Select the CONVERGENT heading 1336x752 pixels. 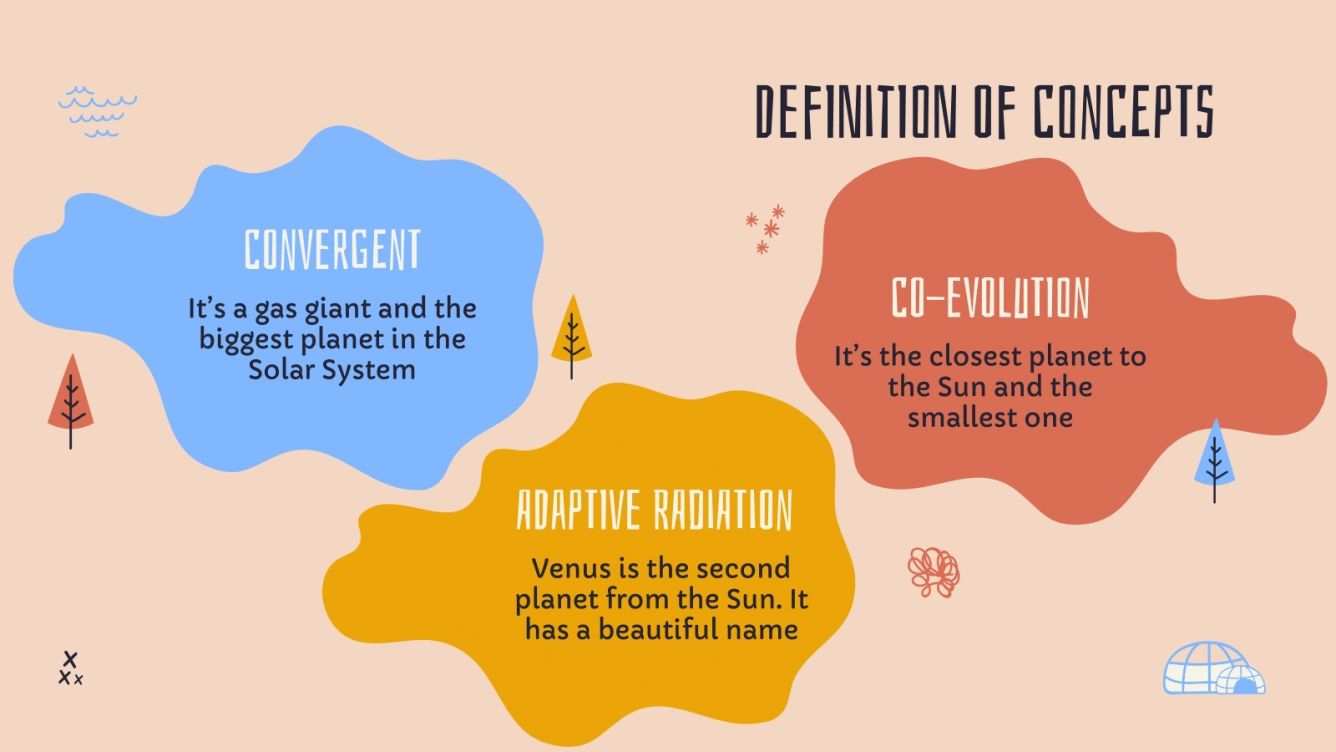click(x=333, y=250)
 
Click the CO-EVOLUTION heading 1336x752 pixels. click(x=989, y=298)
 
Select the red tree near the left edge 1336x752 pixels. click(x=71, y=399)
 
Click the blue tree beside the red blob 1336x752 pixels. click(x=1214, y=459)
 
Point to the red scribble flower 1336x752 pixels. click(x=933, y=571)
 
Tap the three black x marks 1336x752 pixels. click(x=69, y=669)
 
